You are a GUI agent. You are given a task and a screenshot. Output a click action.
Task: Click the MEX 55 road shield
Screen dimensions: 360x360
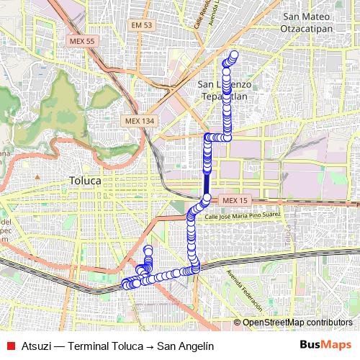pos(82,42)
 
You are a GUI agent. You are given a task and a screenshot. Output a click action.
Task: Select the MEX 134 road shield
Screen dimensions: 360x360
pos(139,121)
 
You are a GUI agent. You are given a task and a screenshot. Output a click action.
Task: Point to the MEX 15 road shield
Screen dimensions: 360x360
pos(235,199)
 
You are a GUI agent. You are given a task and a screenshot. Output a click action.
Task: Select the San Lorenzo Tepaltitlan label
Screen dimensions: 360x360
pos(225,89)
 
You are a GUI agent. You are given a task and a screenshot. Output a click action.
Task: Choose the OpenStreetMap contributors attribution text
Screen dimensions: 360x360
pos(297,323)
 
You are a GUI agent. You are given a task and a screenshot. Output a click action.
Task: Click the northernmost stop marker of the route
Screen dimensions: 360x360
pos(233,54)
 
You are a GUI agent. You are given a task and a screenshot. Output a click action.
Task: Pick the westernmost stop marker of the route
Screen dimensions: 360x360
pos(125,284)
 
